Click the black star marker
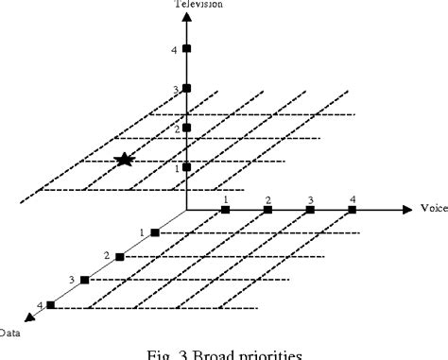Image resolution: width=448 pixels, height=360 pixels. coord(124,160)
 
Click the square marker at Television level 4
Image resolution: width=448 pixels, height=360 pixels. coord(187,48)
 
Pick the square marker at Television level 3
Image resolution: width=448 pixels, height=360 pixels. coord(187,89)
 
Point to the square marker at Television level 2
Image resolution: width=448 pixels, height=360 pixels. coord(187,128)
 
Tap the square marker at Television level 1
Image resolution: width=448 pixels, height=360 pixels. coord(187,167)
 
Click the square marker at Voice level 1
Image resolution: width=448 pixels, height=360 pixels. coord(226,209)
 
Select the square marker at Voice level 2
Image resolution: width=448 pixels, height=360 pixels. coord(268,209)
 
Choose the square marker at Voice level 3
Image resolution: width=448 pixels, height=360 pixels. coord(310,209)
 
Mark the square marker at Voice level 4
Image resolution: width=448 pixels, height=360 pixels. coord(353,209)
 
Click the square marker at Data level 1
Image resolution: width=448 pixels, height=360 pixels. coord(155,231)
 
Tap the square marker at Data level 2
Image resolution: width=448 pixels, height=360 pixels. coord(120,256)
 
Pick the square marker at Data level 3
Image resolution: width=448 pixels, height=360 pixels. coord(85,280)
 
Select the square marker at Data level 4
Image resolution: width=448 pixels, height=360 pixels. coord(50,304)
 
